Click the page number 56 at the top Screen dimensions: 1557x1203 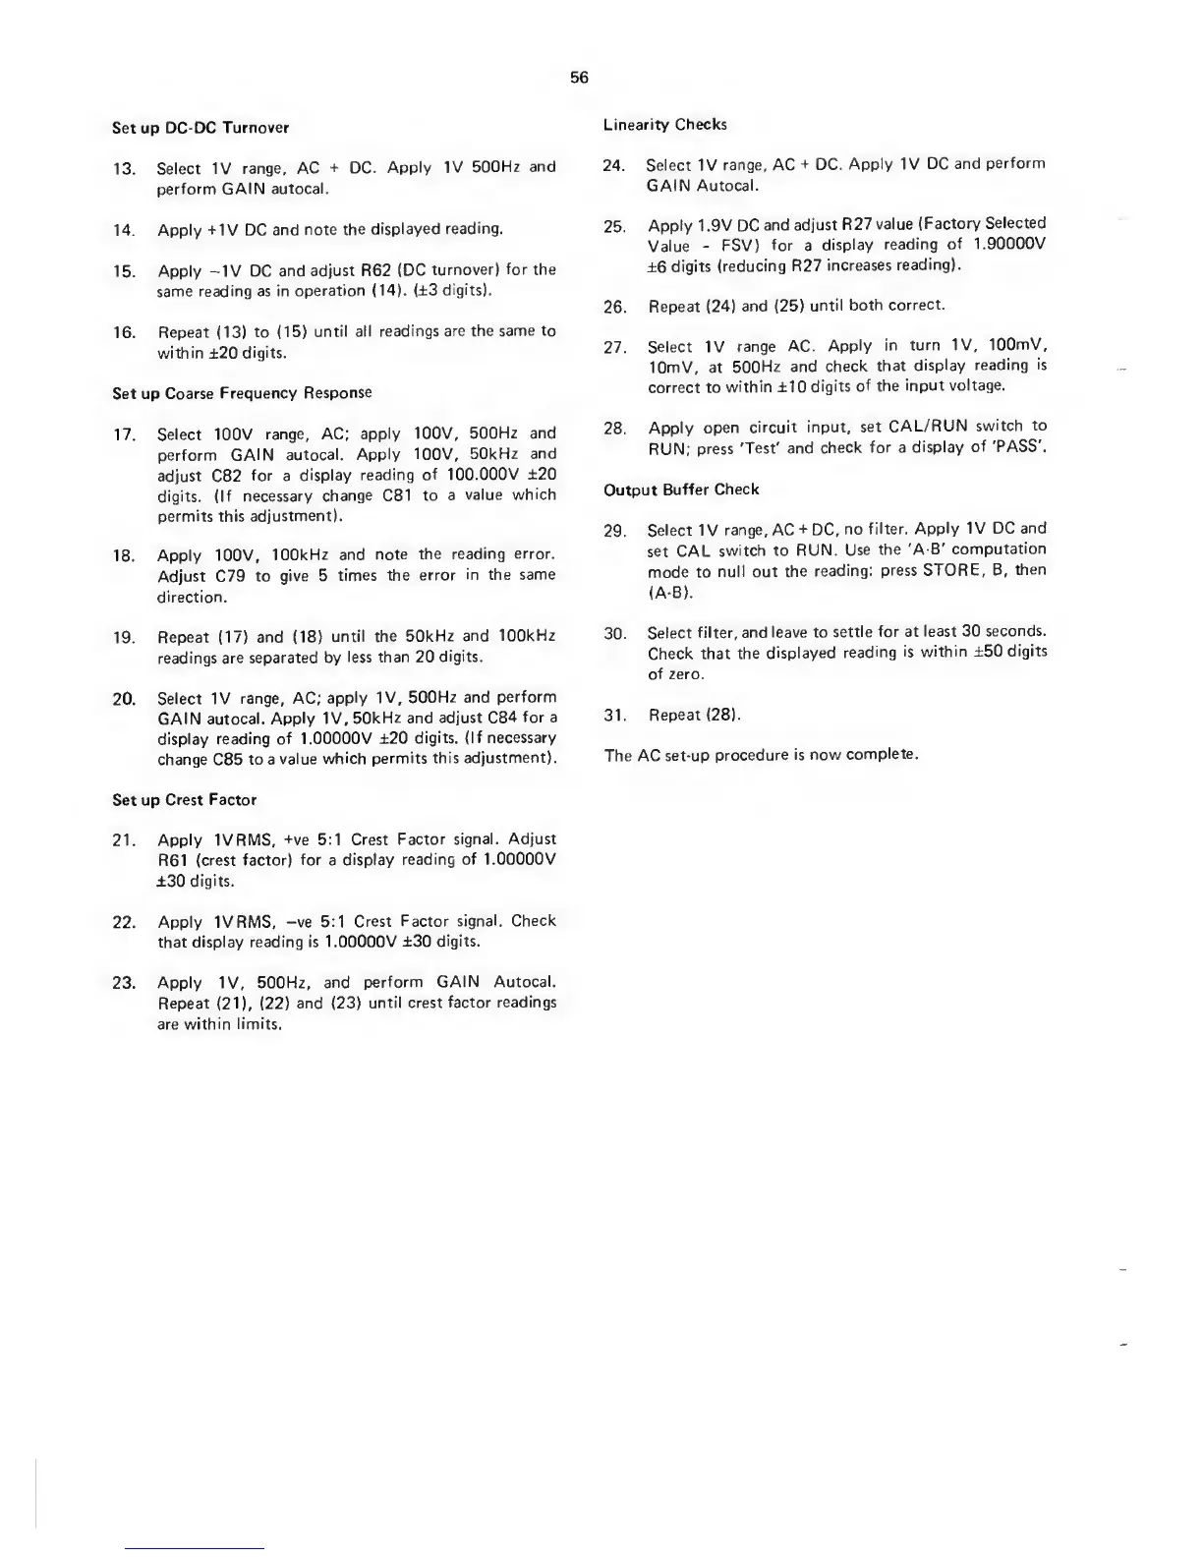[x=579, y=78]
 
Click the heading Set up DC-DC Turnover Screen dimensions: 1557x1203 [x=200, y=128]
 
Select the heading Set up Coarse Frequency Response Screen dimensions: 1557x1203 [x=242, y=393]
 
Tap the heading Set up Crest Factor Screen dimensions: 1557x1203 [x=184, y=800]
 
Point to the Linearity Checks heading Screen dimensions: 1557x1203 [x=665, y=125]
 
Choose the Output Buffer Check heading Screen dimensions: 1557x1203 [x=681, y=490]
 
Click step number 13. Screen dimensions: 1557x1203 [x=124, y=169]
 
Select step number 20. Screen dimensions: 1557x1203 [x=124, y=699]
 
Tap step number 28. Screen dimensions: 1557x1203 [x=615, y=428]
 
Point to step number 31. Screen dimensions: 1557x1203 [x=615, y=716]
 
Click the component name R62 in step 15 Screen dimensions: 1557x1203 [x=381, y=269]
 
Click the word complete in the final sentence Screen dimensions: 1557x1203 [x=885, y=756]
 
